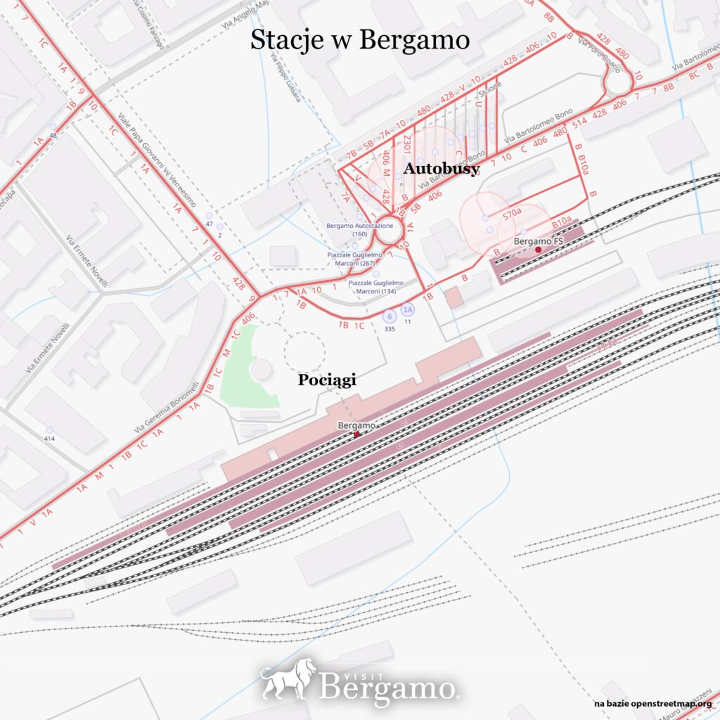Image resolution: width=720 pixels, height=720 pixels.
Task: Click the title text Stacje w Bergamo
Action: point(359,40)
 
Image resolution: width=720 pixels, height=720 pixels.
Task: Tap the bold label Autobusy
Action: point(441,169)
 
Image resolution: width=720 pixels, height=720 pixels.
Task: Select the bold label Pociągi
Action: point(327,380)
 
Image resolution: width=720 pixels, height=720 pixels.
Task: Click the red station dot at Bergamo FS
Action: point(538,250)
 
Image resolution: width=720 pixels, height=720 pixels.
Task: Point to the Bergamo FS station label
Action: point(539,241)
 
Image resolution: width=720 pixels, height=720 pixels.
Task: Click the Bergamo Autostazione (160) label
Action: point(360,229)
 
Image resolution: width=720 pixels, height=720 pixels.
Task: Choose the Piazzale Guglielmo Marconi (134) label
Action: point(376,286)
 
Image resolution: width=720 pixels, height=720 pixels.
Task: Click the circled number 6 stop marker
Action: point(389,316)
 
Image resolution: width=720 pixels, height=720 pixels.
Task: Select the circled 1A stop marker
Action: point(408,309)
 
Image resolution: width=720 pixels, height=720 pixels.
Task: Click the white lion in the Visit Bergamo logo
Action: point(288,679)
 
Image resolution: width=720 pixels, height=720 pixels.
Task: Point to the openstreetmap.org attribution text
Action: point(652,703)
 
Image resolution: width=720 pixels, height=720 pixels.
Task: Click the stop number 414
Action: point(49,438)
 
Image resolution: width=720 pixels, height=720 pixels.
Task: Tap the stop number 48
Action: point(53,135)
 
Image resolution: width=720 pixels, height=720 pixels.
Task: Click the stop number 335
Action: point(389,328)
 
